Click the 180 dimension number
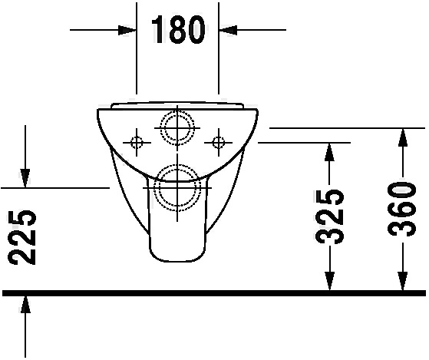click(x=178, y=29)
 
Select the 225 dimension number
click(x=22, y=237)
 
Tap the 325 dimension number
click(x=329, y=216)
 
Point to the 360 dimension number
click(x=402, y=210)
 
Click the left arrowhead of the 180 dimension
click(x=127, y=30)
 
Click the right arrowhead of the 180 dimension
click(x=228, y=30)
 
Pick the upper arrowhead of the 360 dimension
click(x=402, y=137)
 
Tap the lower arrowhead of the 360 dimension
click(x=402, y=281)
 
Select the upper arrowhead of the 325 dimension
click(x=329, y=152)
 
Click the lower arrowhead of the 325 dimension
click(x=329, y=281)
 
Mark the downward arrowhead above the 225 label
click(x=25, y=178)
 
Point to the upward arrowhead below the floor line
click(x=25, y=305)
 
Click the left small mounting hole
click(x=137, y=143)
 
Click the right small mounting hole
click(x=218, y=143)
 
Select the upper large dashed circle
click(x=177, y=111)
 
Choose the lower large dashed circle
click(x=177, y=165)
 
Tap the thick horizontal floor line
click(x=214, y=293)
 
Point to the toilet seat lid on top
click(x=177, y=105)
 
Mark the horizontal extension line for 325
click(x=304, y=143)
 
